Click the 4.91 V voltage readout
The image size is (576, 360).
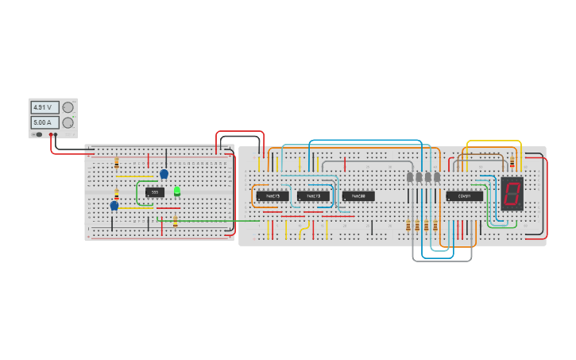click(x=44, y=107)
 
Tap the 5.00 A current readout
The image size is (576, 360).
click(x=44, y=122)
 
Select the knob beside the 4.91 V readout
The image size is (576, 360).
click(x=68, y=107)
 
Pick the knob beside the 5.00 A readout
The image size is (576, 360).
click(x=68, y=122)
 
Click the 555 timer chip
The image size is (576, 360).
click(x=155, y=192)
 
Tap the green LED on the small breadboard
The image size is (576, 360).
click(x=177, y=191)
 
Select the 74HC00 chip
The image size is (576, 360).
click(x=358, y=195)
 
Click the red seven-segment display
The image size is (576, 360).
click(x=512, y=193)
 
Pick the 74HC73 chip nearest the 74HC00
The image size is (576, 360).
click(x=313, y=195)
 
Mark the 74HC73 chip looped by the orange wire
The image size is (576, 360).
click(x=272, y=195)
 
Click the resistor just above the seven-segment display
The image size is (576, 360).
click(x=512, y=164)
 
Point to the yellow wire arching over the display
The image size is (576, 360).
click(x=493, y=141)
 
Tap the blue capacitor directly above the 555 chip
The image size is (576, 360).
click(x=164, y=174)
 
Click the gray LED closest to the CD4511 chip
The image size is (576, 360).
click(x=437, y=176)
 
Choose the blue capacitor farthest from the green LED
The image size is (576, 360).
click(x=114, y=206)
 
